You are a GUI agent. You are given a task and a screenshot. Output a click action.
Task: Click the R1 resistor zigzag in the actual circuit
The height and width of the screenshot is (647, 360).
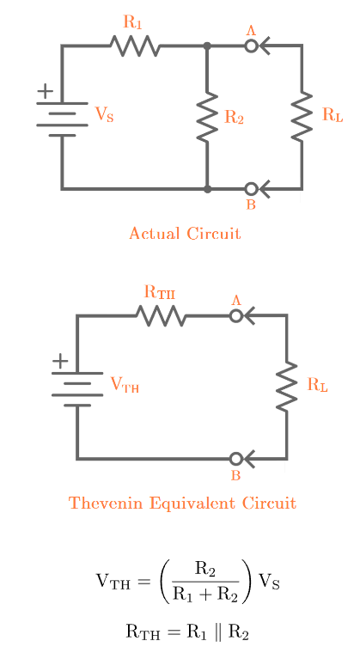135,46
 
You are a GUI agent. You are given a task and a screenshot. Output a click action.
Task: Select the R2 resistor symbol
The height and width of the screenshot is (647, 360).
207,118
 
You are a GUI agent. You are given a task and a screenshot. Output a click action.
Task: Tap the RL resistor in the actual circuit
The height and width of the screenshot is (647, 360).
302,118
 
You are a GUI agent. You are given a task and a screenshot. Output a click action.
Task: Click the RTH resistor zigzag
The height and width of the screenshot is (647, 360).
161,316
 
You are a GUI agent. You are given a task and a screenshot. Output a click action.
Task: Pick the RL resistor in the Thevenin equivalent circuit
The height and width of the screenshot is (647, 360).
286,388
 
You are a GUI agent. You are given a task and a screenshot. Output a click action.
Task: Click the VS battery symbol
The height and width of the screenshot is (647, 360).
62,119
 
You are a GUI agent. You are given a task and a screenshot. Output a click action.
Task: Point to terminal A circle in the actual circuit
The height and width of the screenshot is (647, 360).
251,46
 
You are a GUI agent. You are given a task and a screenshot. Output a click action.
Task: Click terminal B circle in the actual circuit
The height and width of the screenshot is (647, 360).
251,188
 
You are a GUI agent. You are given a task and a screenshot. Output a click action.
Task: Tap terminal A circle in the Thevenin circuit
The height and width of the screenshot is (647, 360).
236,315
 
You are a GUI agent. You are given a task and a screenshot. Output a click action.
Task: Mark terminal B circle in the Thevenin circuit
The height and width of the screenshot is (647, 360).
236,459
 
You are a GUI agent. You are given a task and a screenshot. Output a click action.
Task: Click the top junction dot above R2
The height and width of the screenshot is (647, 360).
207,46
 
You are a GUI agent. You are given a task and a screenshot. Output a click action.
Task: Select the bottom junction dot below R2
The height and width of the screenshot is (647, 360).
207,188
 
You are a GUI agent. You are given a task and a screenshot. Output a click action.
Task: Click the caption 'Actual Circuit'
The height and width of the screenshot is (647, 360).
185,233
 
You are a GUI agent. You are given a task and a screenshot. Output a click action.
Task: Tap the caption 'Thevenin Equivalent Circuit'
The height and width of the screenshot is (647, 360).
182,503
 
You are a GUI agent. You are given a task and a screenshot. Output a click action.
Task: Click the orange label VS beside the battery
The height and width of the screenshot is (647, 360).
104,115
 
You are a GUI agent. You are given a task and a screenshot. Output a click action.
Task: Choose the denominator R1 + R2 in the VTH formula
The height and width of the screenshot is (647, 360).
204,592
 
